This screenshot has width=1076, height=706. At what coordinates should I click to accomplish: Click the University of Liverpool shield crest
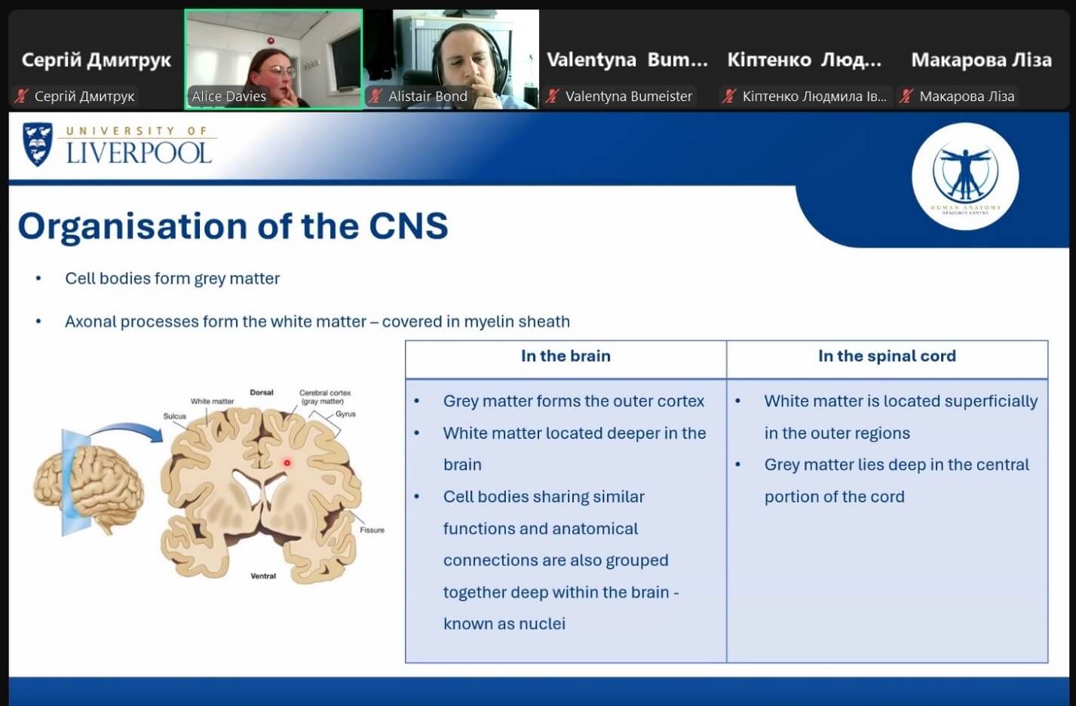[x=38, y=144]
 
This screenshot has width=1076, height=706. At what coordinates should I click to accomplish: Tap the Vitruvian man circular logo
[x=965, y=176]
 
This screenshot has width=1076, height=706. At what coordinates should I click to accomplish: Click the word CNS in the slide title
[x=408, y=226]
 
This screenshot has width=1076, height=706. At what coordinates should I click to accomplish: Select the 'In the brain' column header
[x=566, y=356]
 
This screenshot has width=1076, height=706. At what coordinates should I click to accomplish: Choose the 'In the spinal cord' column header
[x=887, y=356]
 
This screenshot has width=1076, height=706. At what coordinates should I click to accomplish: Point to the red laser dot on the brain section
[x=287, y=463]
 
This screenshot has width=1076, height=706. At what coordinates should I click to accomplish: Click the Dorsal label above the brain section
[x=262, y=392]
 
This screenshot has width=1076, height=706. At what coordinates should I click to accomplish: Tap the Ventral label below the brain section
[x=263, y=576]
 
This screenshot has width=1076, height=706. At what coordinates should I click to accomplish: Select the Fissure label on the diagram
[x=372, y=529]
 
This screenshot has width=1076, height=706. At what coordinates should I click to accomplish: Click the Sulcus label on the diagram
[x=174, y=416]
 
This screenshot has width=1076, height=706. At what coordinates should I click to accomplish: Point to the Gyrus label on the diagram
[x=345, y=414]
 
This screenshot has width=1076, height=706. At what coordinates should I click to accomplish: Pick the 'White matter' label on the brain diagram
[x=212, y=401]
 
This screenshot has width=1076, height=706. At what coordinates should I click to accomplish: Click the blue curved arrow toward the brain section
[x=126, y=428]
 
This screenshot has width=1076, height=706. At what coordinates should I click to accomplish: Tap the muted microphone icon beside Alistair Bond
[x=376, y=97]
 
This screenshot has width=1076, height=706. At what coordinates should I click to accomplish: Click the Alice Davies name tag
[x=228, y=97]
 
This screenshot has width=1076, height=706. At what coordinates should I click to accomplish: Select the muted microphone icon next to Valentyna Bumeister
[x=553, y=97]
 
